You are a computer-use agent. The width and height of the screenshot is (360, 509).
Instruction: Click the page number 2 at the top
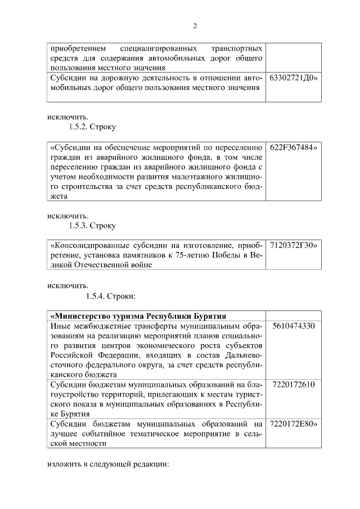[195, 26]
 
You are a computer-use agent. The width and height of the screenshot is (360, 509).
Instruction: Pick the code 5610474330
[293, 326]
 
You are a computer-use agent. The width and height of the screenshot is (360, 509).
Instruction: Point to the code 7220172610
[293, 384]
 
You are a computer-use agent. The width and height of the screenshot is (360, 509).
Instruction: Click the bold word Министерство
[85, 315]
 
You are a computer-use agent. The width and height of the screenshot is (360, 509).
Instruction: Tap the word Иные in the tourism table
[60, 326]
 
